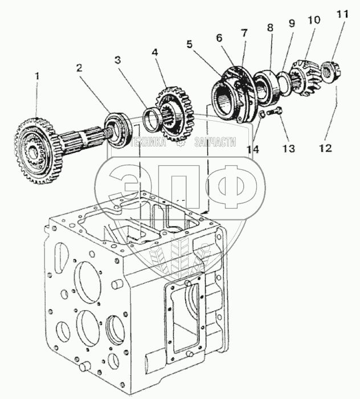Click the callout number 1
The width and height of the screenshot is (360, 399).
tap(38, 76)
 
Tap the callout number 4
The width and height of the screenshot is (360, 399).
tap(155, 52)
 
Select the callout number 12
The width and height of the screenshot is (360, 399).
tap(325, 148)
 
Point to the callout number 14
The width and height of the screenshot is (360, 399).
tap(253, 149)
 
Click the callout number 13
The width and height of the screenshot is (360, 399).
tap(289, 149)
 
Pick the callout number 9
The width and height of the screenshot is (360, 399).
tap(292, 23)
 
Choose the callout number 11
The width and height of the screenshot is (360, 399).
tap(342, 14)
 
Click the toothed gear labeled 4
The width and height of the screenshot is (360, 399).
tap(175, 114)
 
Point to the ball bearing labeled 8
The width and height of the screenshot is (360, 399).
tap(267, 88)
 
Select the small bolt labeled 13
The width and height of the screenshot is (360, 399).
tap(274, 112)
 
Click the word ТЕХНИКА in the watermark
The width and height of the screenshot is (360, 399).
tap(148, 142)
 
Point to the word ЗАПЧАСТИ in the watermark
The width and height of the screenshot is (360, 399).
tap(215, 142)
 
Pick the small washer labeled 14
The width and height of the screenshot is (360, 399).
tap(261, 114)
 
